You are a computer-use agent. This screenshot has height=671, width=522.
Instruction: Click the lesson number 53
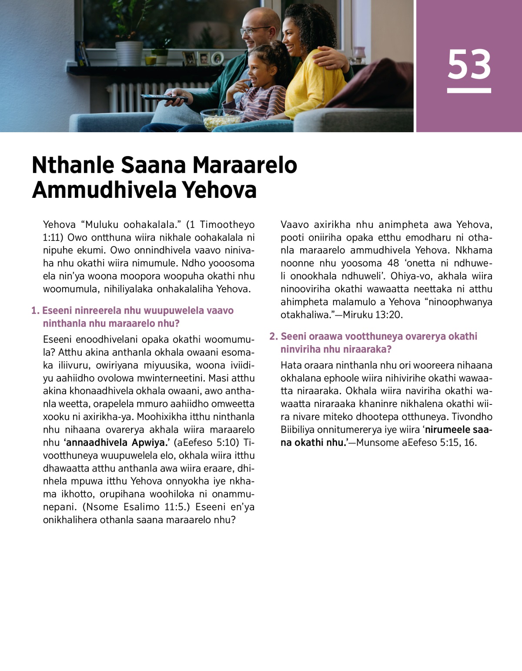(469, 64)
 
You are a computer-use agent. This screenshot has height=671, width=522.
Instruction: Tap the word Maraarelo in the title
(244, 165)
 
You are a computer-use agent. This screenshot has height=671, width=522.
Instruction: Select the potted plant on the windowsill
(129, 43)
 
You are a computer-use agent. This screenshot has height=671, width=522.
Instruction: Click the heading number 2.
(273, 336)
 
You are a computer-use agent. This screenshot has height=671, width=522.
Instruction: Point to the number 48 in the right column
(393, 263)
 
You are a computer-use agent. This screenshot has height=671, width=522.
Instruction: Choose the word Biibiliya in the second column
(297, 430)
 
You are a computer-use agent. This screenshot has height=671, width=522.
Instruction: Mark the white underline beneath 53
(469, 90)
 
